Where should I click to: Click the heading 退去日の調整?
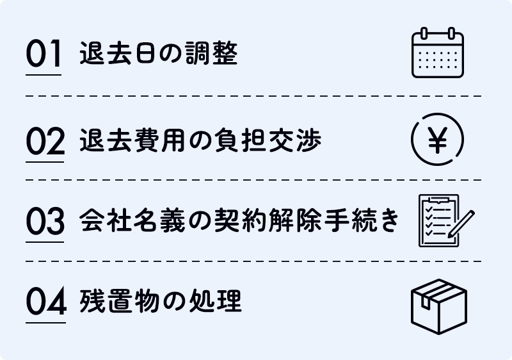pyautogui.click(x=159, y=56)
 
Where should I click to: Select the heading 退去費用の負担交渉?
pyautogui.click(x=200, y=140)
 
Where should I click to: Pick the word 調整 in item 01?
pyautogui.click(x=218, y=56)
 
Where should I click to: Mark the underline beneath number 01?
pyautogui.click(x=44, y=75)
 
